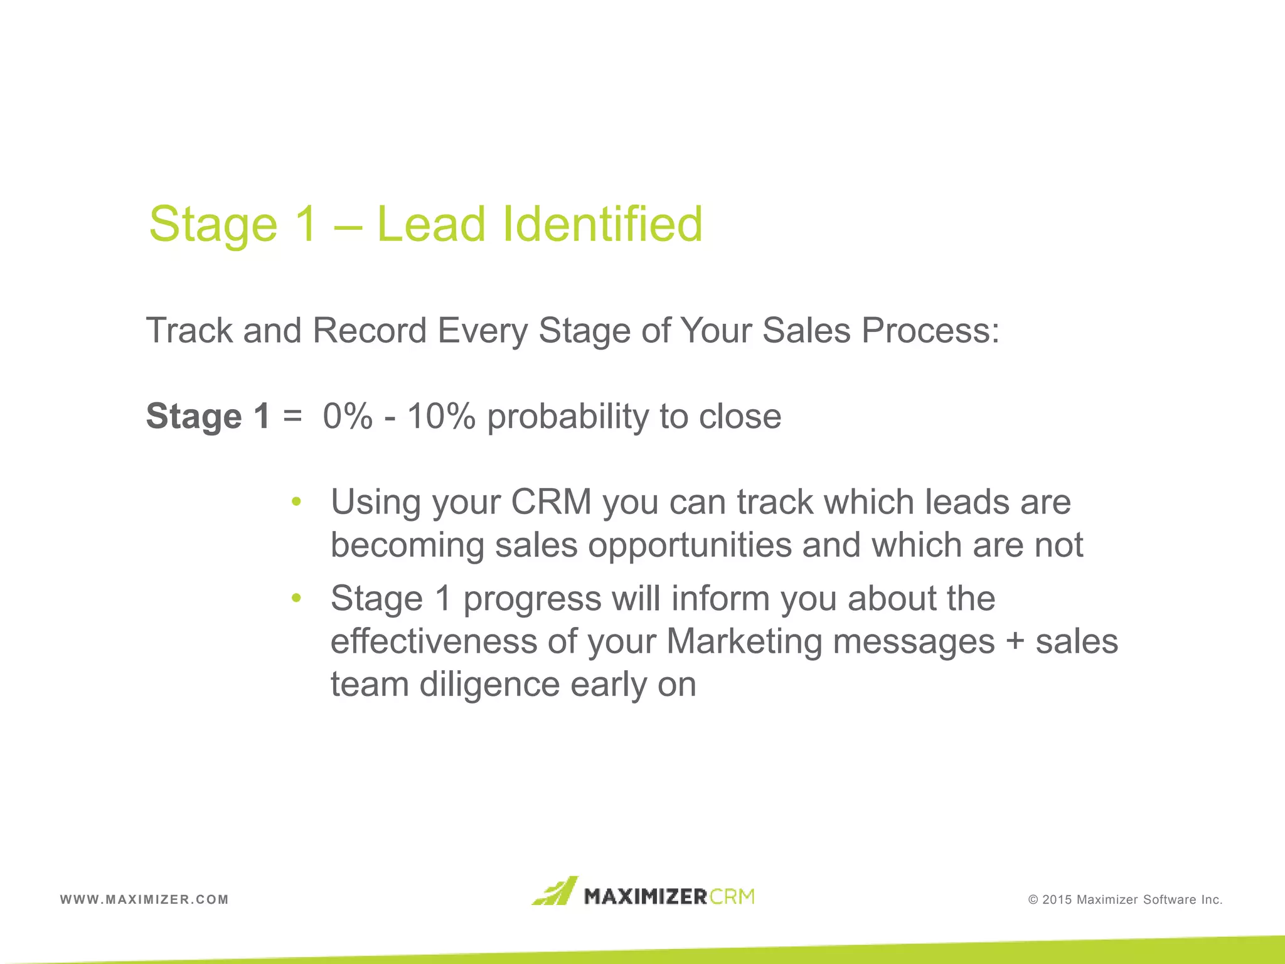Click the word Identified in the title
[602, 224]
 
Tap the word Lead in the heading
[431, 224]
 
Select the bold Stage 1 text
[208, 416]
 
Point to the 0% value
[348, 416]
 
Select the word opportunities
[690, 545]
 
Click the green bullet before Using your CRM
[297, 502]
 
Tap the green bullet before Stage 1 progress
[297, 599]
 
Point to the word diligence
[489, 685]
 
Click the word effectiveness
[434, 641]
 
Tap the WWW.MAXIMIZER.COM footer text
[144, 899]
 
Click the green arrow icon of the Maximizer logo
[555, 891]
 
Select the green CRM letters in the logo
[733, 896]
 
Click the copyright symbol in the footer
[1033, 900]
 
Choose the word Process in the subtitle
[929, 331]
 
